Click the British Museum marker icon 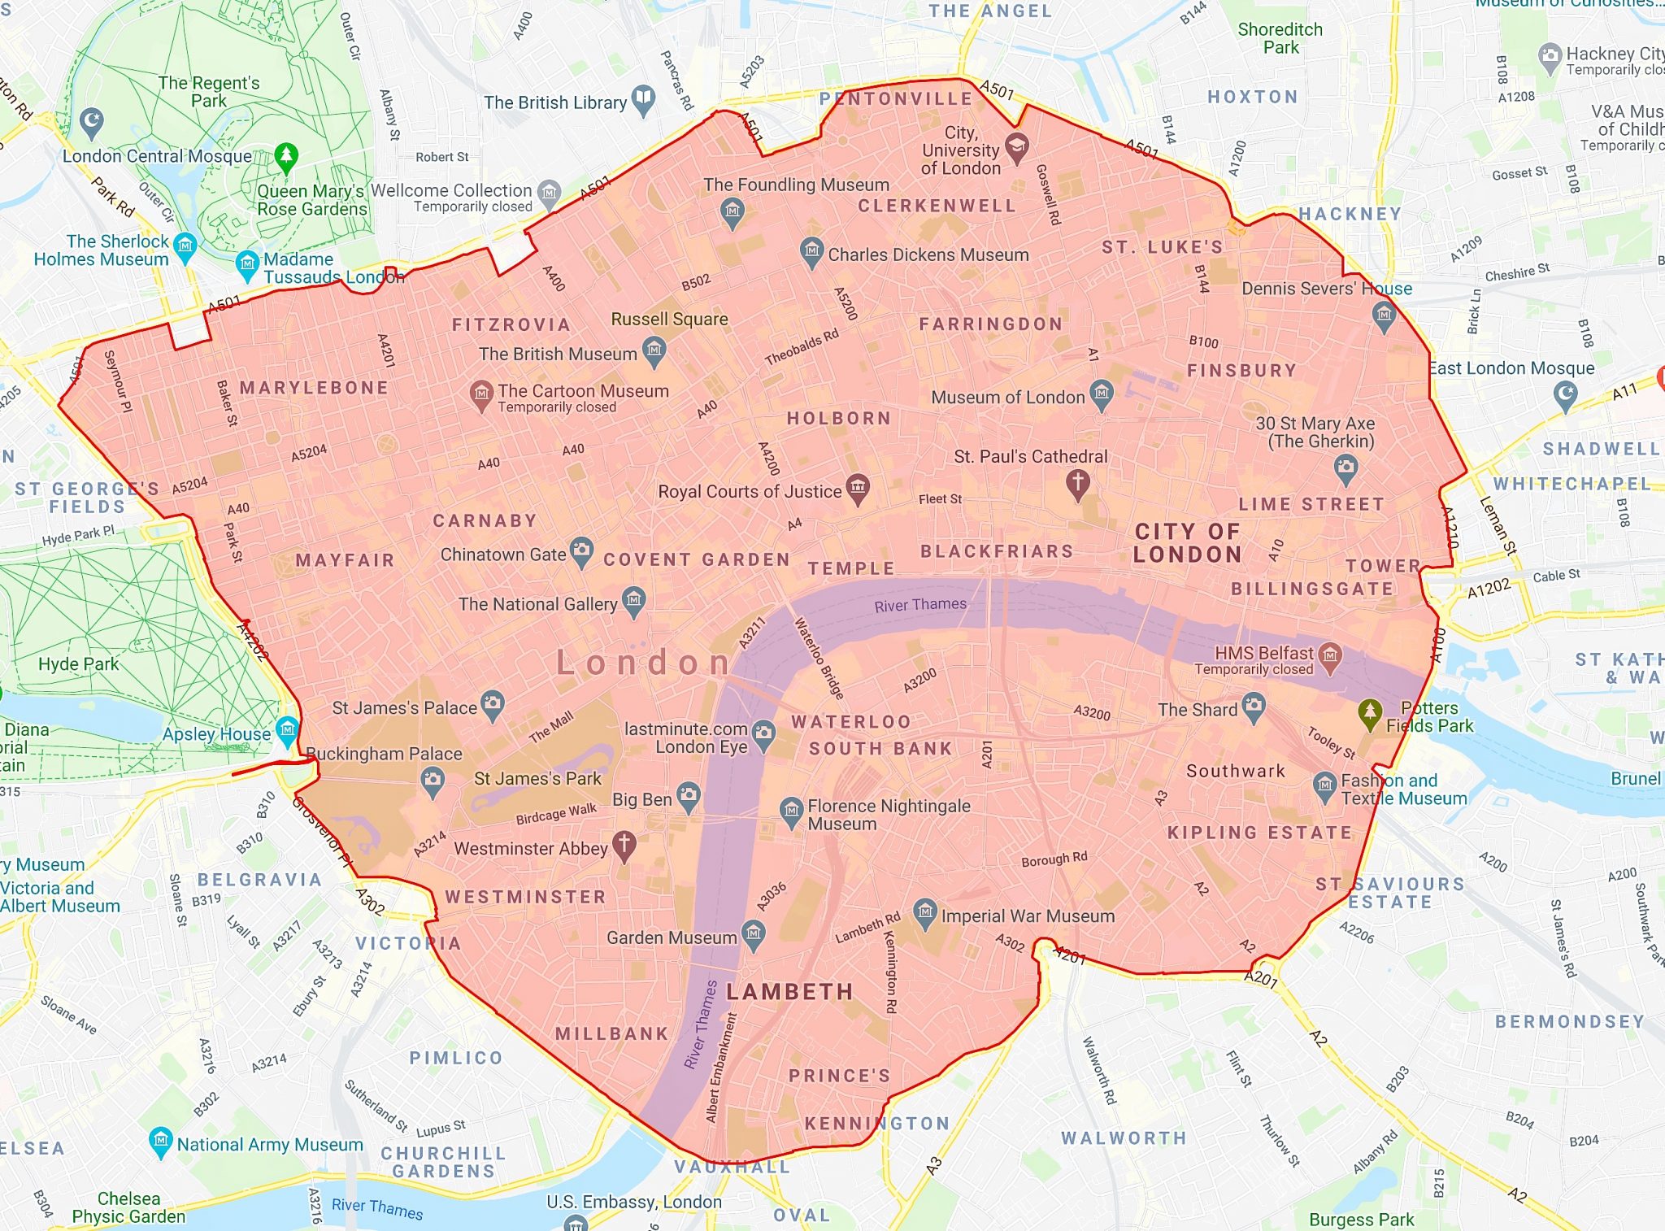pyautogui.click(x=654, y=351)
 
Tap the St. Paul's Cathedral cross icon pyautogui.click(x=1077, y=483)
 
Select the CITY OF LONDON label pyautogui.click(x=1188, y=543)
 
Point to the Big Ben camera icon pyautogui.click(x=689, y=796)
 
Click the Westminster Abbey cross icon pyautogui.click(x=624, y=846)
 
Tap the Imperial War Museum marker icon pyautogui.click(x=924, y=912)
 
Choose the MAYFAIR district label pyautogui.click(x=345, y=560)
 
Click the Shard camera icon pyautogui.click(x=1254, y=707)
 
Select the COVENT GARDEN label pyautogui.click(x=697, y=559)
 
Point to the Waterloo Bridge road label pyautogui.click(x=819, y=659)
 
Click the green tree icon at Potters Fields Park pyautogui.click(x=1370, y=713)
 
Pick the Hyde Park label pyautogui.click(x=78, y=663)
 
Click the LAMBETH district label pyautogui.click(x=789, y=991)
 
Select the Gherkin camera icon pyautogui.click(x=1345, y=467)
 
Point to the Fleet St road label pyautogui.click(x=940, y=498)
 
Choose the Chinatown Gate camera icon pyautogui.click(x=581, y=551)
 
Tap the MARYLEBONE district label pyautogui.click(x=314, y=388)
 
